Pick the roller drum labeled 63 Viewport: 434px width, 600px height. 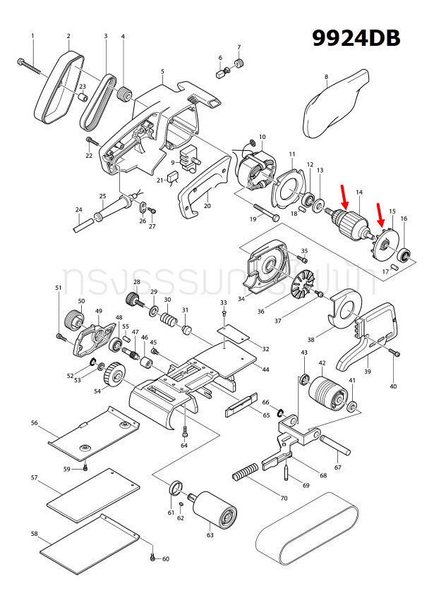pos(214,508)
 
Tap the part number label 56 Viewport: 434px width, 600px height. pos(34,424)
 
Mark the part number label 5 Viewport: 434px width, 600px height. pos(162,72)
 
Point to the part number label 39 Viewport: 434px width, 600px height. pos(367,372)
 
